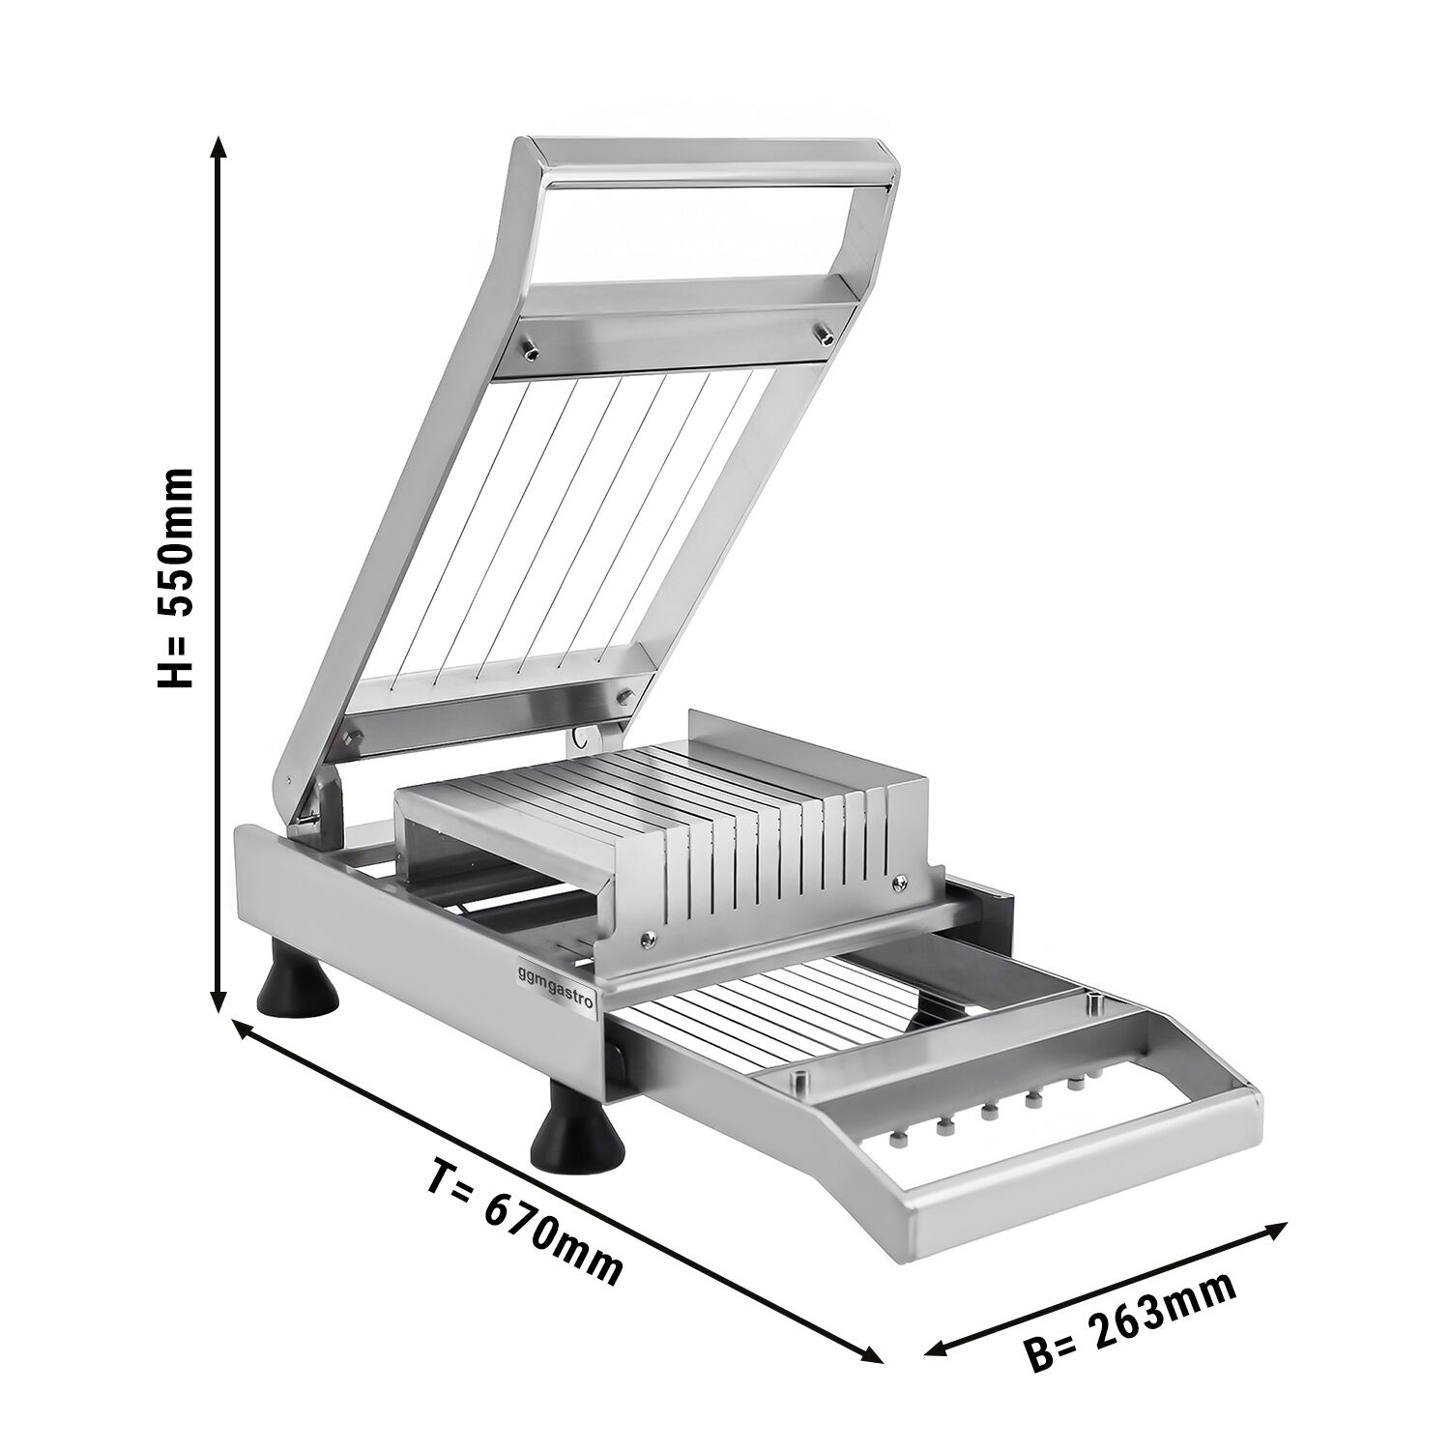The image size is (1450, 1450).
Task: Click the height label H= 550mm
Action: coord(176,577)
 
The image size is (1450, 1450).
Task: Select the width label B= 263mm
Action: coord(1132,1321)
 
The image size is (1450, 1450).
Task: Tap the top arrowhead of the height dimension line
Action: coord(219,146)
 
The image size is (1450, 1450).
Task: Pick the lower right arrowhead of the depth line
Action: coord(871,1354)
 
